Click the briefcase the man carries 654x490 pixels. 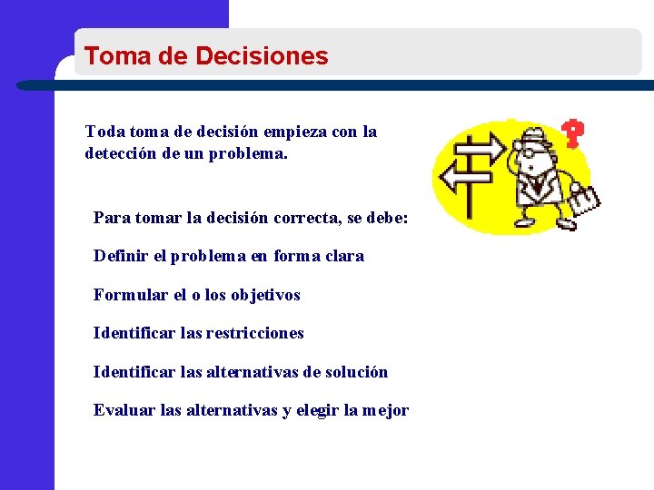point(583,201)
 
